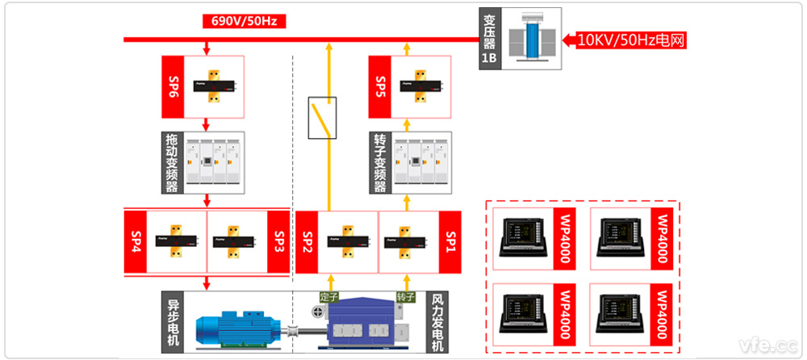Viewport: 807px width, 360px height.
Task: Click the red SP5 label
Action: click(381, 86)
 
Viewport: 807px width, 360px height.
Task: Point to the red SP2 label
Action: click(307, 241)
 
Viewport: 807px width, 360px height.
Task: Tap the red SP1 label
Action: click(450, 241)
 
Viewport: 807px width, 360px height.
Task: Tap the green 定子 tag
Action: click(330, 297)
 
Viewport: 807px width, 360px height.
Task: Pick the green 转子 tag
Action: click(406, 297)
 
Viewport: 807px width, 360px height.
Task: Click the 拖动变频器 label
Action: click(172, 163)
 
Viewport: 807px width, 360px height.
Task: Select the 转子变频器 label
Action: click(380, 163)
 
